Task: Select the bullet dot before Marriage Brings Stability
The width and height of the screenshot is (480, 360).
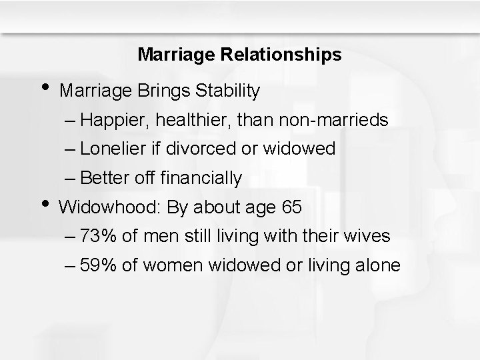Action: point(45,85)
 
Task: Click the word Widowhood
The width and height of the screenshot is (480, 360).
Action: point(109,207)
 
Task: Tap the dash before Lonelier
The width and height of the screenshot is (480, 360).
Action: point(71,149)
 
